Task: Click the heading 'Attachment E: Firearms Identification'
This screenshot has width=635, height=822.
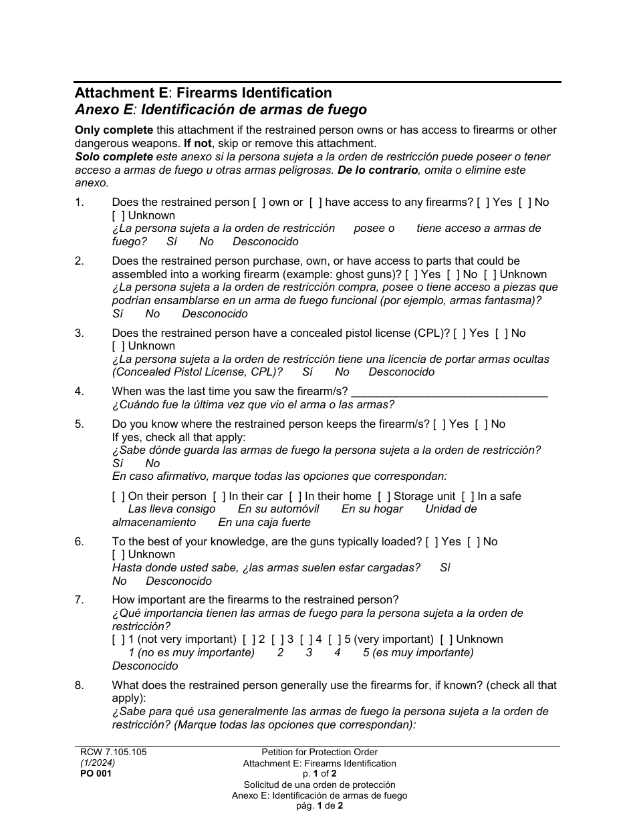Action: coord(203,93)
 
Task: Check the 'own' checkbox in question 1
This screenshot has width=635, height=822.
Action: coord(259,202)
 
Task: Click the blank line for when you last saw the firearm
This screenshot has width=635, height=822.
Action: coord(449,392)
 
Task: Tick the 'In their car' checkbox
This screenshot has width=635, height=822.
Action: coord(219,497)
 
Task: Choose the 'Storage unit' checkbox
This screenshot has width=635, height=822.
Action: coord(384,497)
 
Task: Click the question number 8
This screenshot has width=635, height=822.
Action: coord(80,686)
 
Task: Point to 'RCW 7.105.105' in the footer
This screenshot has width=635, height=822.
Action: coord(113,752)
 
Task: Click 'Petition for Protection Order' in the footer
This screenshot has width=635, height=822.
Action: coord(320,752)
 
